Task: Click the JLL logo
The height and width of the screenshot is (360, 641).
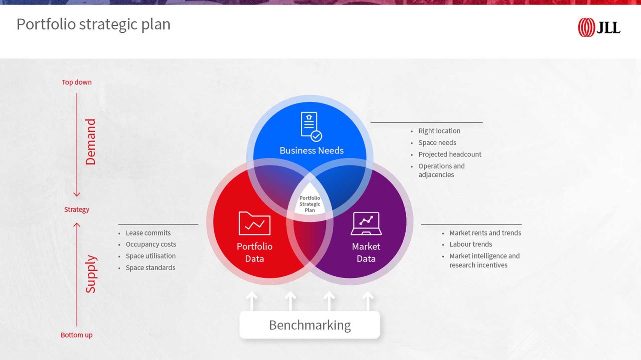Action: point(599,27)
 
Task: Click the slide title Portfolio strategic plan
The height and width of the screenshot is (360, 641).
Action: point(93,24)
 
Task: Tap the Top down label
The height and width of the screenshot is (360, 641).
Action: point(76,82)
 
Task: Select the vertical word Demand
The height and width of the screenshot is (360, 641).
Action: point(90,142)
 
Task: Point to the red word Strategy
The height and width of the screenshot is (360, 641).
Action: point(77,210)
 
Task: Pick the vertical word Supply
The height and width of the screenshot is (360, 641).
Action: point(90,274)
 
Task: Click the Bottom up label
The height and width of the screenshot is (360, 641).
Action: point(76,335)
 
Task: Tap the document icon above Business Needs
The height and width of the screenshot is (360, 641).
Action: point(311,127)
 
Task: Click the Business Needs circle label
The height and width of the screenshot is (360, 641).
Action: point(311,150)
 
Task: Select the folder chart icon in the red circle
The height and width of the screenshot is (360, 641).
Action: point(254,224)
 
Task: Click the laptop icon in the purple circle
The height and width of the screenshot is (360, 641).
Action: point(366,224)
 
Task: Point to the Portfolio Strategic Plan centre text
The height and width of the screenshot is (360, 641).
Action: point(310,204)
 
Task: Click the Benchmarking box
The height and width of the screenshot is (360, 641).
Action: point(310,325)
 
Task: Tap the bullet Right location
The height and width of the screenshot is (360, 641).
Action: point(439,131)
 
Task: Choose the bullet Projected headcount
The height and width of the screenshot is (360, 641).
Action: point(450,154)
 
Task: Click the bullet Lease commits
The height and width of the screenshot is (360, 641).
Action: point(148,233)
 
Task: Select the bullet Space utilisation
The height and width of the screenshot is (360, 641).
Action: point(151,256)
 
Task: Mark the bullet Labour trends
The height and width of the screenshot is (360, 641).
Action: point(471,244)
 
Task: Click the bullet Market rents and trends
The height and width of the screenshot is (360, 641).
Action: point(485,233)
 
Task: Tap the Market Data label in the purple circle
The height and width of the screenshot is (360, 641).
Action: point(366,253)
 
